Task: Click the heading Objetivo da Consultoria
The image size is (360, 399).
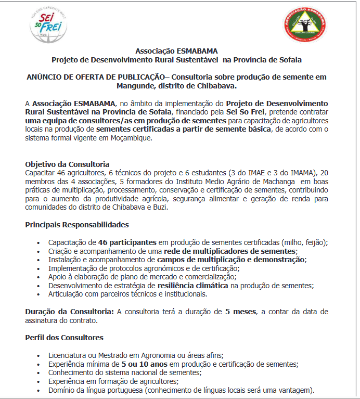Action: click(x=67, y=164)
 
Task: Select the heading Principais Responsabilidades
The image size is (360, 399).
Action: click(x=77, y=225)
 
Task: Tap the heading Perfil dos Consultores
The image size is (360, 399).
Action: click(x=64, y=337)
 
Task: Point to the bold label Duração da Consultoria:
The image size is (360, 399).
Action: click(x=69, y=312)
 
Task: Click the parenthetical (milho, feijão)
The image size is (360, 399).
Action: click(x=310, y=242)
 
